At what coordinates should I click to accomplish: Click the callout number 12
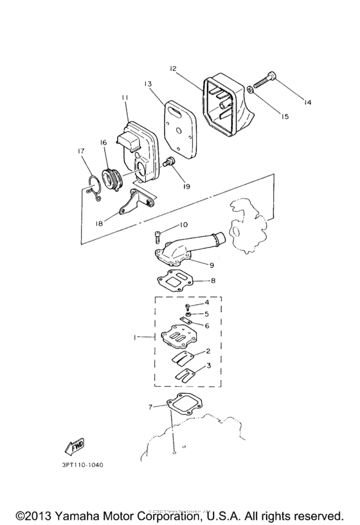point(173,68)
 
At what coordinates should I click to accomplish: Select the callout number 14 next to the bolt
point(307,102)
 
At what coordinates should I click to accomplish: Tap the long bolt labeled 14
point(265,81)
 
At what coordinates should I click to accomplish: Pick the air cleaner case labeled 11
point(139,145)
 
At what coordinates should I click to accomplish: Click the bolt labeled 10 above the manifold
point(159,235)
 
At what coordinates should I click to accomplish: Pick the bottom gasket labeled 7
point(184,407)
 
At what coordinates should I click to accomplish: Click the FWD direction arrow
point(76,446)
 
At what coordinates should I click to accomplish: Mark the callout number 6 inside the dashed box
point(207,326)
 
